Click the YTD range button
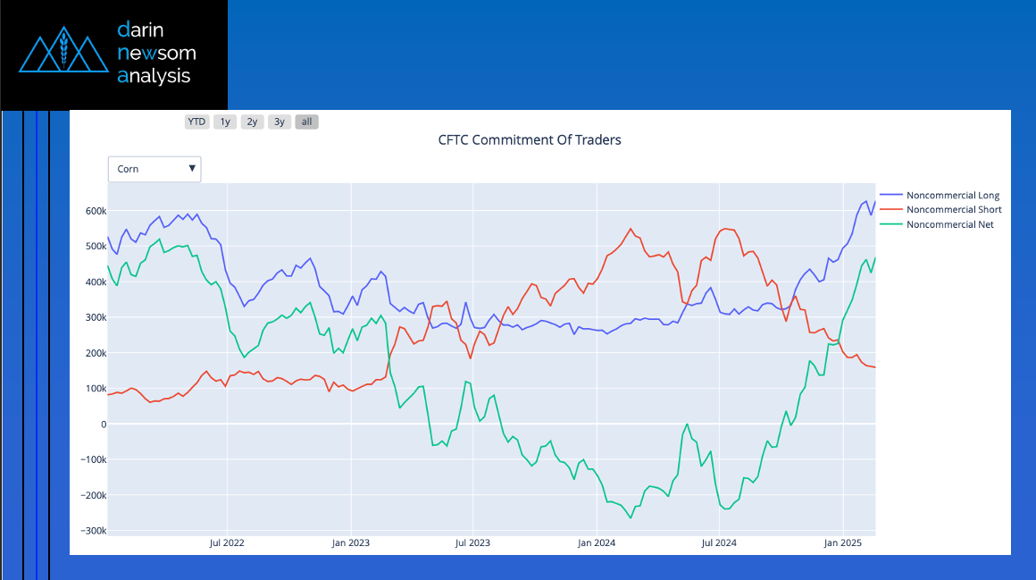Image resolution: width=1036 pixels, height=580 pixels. (x=196, y=122)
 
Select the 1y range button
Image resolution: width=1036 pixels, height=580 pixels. (x=225, y=122)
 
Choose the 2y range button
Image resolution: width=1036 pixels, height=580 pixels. (x=253, y=122)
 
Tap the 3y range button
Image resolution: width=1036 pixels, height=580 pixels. (x=280, y=122)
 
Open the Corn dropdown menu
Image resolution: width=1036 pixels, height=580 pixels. (x=155, y=169)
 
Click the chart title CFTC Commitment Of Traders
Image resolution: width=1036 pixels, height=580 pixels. (x=530, y=140)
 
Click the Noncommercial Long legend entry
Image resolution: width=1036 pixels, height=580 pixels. (x=952, y=195)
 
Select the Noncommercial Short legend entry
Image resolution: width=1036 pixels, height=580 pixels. (x=953, y=210)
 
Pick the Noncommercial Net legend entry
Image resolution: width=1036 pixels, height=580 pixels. (x=949, y=224)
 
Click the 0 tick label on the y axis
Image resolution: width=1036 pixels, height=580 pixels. (x=103, y=424)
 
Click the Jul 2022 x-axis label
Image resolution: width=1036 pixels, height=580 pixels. (x=227, y=542)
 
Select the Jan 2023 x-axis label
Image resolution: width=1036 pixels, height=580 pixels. (x=351, y=542)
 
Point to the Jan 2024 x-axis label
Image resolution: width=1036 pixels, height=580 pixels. (x=596, y=542)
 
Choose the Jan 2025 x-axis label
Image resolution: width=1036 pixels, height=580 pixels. (x=841, y=542)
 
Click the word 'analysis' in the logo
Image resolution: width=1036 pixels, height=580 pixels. (x=154, y=76)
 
